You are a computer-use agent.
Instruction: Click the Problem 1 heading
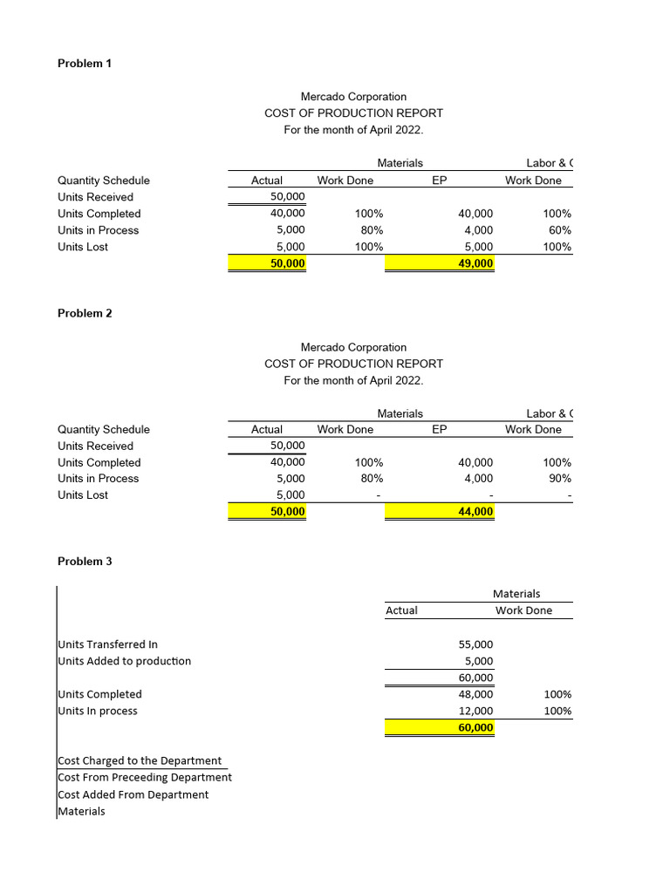[x=85, y=64]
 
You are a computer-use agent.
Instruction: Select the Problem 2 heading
[x=85, y=313]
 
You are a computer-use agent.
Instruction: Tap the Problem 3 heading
[x=85, y=562]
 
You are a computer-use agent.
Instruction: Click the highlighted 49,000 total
[x=475, y=263]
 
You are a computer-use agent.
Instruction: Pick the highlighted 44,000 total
[x=475, y=512]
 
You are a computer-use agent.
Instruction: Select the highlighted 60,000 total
[x=475, y=727]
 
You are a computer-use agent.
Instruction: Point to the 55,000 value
[x=475, y=644]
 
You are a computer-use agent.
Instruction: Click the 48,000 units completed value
[x=475, y=694]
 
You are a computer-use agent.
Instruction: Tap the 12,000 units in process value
[x=475, y=711]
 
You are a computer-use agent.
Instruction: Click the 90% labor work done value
[x=557, y=478]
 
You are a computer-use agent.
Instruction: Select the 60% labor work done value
[x=557, y=230]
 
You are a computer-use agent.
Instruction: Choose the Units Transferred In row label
[x=108, y=644]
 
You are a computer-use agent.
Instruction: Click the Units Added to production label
[x=125, y=661]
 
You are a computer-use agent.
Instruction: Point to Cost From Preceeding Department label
[x=145, y=777]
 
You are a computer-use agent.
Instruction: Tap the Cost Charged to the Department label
[x=140, y=760]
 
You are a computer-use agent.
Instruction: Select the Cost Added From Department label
[x=133, y=794]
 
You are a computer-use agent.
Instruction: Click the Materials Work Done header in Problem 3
[x=523, y=610]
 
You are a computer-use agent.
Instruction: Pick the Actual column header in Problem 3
[x=401, y=610]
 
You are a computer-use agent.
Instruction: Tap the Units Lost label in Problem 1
[x=84, y=247]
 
